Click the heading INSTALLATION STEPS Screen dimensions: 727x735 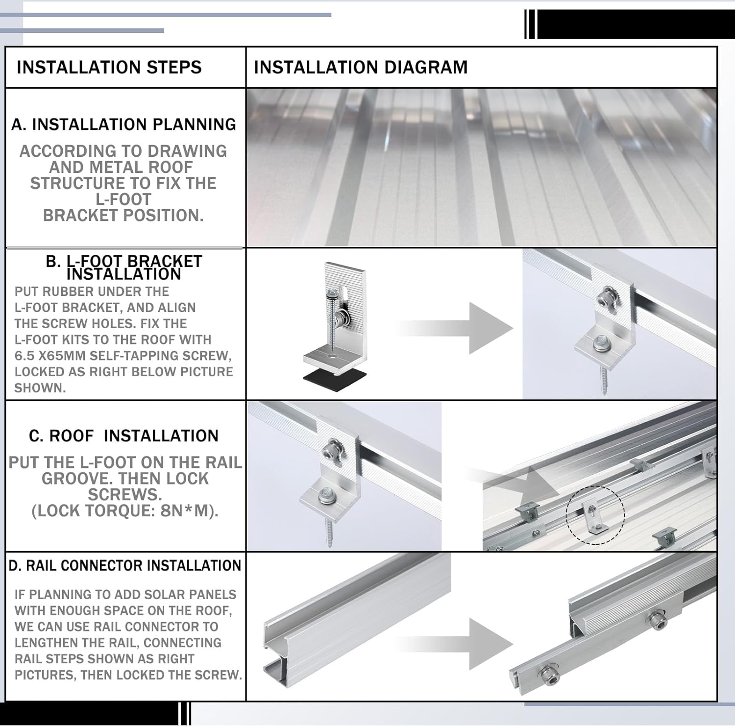[x=109, y=67]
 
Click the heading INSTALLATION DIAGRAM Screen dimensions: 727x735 [x=361, y=67]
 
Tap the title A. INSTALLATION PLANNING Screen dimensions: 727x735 [x=123, y=124]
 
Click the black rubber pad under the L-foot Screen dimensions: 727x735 [x=335, y=377]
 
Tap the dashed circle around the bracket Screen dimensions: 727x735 [x=595, y=514]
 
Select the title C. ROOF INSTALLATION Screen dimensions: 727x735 [x=123, y=436]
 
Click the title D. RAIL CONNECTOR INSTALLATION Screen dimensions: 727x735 [x=125, y=566]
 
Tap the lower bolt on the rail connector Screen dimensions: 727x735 [x=548, y=677]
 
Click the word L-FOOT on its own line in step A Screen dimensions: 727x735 [x=123, y=199]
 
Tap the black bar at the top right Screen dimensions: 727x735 [x=632, y=24]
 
